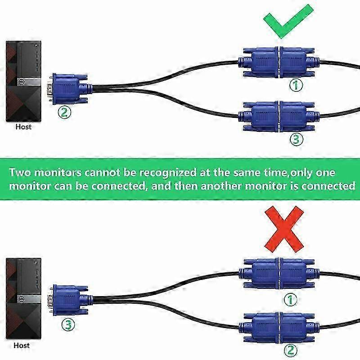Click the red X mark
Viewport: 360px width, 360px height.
point(284,229)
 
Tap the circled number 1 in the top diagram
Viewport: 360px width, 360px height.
point(296,85)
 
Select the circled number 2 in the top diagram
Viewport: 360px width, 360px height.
point(64,112)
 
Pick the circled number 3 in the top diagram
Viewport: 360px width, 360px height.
point(296,139)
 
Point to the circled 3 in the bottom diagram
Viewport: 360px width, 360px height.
point(68,324)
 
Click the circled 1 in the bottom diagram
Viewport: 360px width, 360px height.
point(291,300)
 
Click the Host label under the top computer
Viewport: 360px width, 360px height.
point(23,127)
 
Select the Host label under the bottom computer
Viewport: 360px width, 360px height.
point(22,345)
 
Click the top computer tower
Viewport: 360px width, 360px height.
point(23,81)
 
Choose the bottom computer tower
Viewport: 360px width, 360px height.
point(23,298)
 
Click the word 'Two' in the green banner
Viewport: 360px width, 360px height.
point(19,172)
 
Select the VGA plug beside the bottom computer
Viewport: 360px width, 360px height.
point(70,300)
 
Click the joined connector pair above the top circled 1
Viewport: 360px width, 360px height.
point(279,62)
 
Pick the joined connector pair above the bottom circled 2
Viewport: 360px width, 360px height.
point(279,327)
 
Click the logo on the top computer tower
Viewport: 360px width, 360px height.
point(20,81)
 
